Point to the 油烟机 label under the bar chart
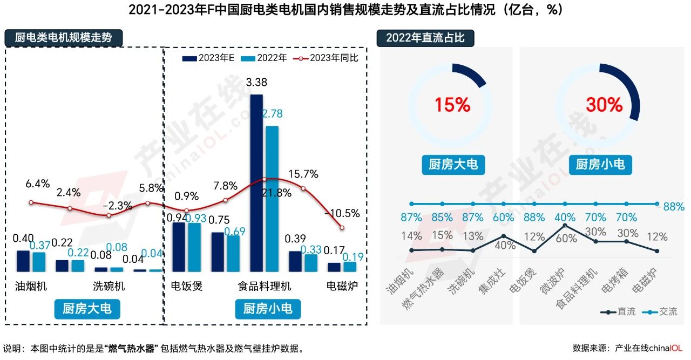click(x=31, y=286)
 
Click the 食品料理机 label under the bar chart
click(x=265, y=286)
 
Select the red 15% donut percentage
click(x=452, y=105)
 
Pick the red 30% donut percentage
click(x=604, y=105)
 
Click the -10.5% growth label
click(x=342, y=213)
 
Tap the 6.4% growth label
click(x=38, y=184)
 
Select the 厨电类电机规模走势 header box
click(x=64, y=38)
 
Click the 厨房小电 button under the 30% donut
click(x=600, y=164)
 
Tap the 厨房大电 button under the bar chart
click(x=87, y=309)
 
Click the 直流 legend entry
click(x=619, y=312)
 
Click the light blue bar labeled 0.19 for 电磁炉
click(x=350, y=267)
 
